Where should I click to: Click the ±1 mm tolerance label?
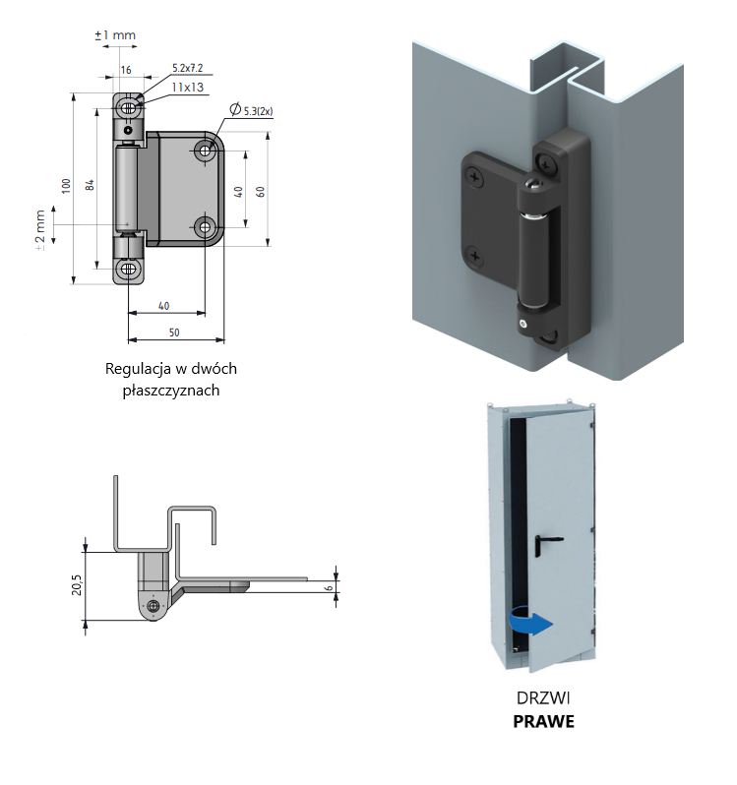click(x=115, y=35)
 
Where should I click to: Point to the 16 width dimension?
click(x=126, y=71)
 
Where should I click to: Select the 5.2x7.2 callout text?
click(x=186, y=67)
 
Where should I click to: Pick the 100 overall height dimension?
click(x=65, y=186)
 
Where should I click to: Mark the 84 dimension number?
click(x=90, y=186)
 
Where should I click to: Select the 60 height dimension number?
click(x=260, y=191)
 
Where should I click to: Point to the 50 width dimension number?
click(x=173, y=332)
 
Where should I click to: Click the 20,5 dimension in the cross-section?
click(x=77, y=586)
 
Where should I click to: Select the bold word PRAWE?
click(x=544, y=721)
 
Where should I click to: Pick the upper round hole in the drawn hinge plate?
click(x=206, y=151)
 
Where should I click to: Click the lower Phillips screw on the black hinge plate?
click(x=476, y=257)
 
